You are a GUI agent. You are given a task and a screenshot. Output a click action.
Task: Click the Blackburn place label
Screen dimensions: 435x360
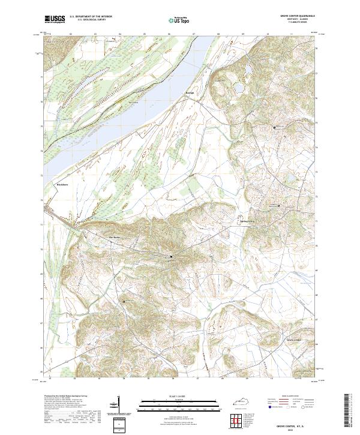63,185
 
